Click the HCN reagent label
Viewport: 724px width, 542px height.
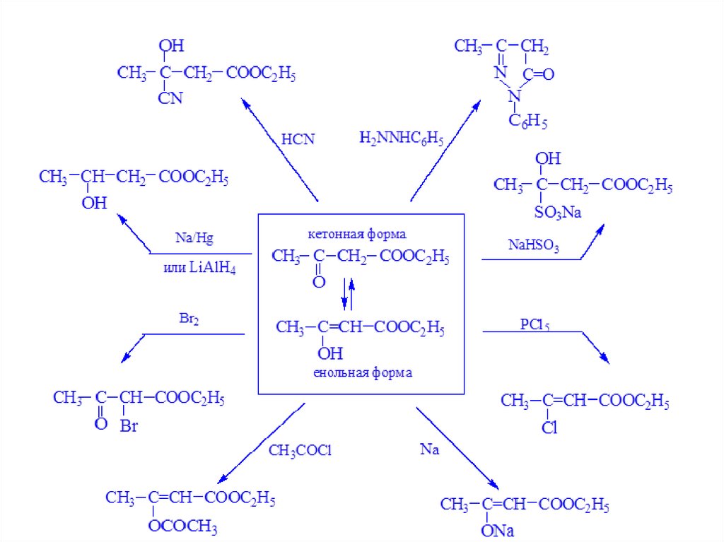pyautogui.click(x=297, y=139)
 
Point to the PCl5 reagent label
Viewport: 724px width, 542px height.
pyautogui.click(x=535, y=326)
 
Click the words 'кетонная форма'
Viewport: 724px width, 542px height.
pyautogui.click(x=358, y=233)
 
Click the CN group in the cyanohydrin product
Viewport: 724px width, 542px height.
pyautogui.click(x=170, y=98)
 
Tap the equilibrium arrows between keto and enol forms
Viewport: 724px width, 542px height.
pyautogui.click(x=347, y=293)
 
